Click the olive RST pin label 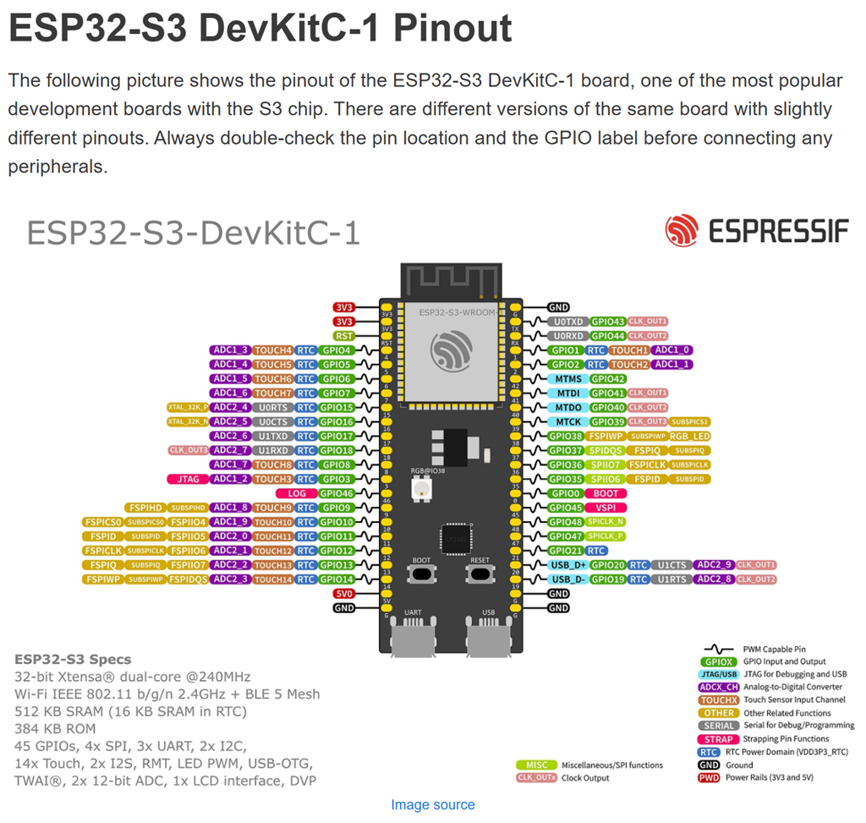pyautogui.click(x=343, y=336)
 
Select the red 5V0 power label pyautogui.click(x=343, y=594)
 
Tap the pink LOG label pyautogui.click(x=297, y=493)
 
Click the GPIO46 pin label pyautogui.click(x=337, y=493)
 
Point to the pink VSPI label pyautogui.click(x=606, y=508)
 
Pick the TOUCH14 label pyautogui.click(x=273, y=579)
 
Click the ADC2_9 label pyautogui.click(x=713, y=565)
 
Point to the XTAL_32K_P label pyautogui.click(x=188, y=408)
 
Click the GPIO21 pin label pyautogui.click(x=566, y=551)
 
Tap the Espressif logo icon pyautogui.click(x=681, y=230)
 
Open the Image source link pyautogui.click(x=432, y=804)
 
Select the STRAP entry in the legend pyautogui.click(x=718, y=738)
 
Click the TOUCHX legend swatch pyautogui.click(x=718, y=700)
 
